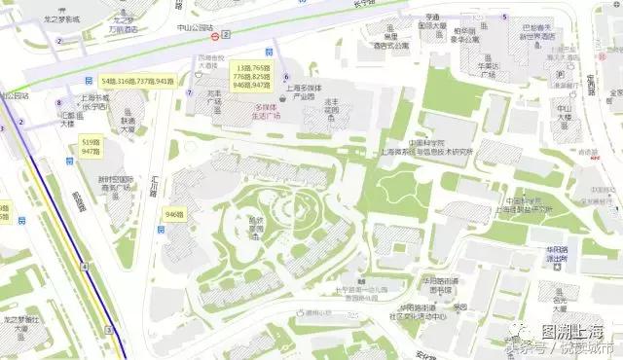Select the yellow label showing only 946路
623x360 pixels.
click(175, 213)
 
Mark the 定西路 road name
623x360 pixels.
click(593, 82)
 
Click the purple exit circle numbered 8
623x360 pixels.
click(59, 103)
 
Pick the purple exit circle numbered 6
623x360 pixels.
click(286, 76)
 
